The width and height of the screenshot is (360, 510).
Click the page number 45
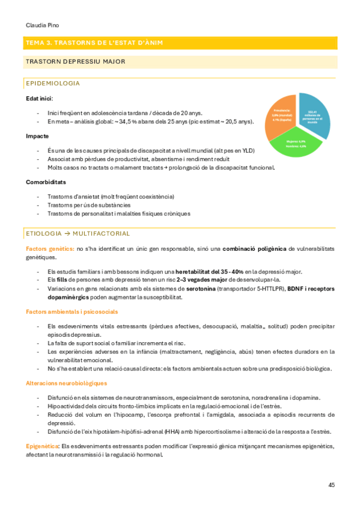pos(332,484)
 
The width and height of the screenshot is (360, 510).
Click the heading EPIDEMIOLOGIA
pos(53,83)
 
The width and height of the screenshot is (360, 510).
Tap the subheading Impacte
pos(37,137)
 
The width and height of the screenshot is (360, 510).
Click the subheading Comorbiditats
pos(46,182)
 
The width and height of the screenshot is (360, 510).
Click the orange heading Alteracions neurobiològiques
pos(66,383)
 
